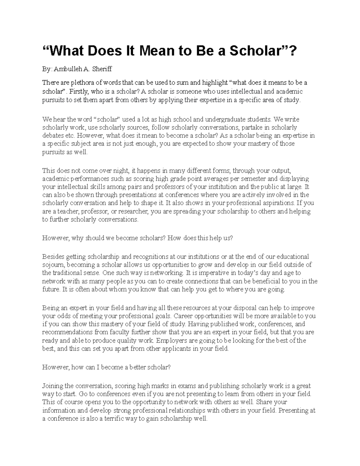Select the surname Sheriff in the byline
pos(102,69)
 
